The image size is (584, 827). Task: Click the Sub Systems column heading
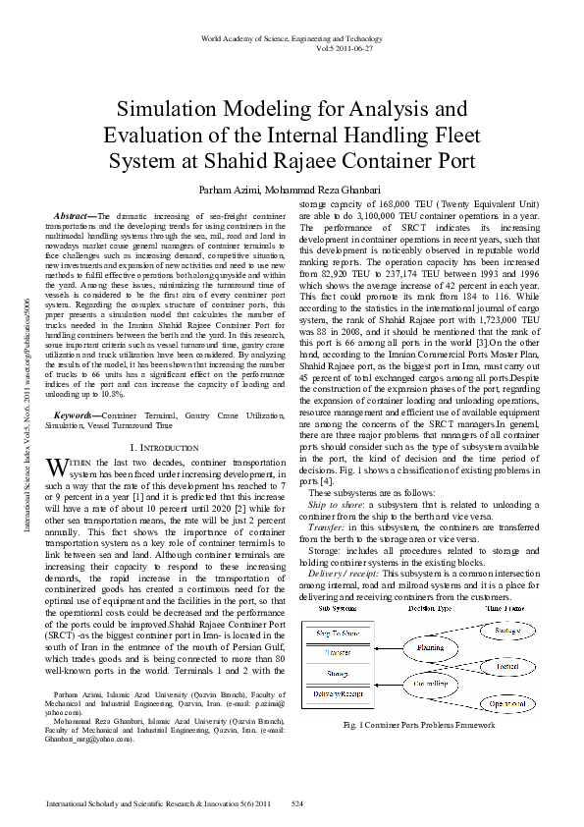337,609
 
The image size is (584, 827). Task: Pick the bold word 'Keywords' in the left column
78,416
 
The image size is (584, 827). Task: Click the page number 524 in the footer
298,804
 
